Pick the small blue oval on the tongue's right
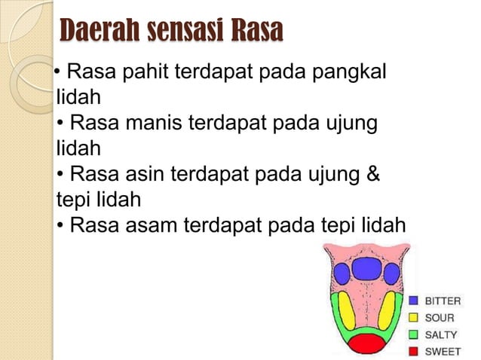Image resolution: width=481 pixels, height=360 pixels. click(x=393, y=273)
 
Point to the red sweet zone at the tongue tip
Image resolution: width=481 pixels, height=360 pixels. click(x=366, y=344)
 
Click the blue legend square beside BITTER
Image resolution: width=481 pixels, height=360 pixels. click(x=414, y=301)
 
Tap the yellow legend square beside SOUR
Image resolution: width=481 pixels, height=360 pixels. click(x=414, y=318)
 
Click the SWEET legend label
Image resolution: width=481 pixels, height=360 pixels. click(x=443, y=351)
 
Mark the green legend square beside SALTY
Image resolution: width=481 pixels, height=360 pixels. click(x=414, y=334)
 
